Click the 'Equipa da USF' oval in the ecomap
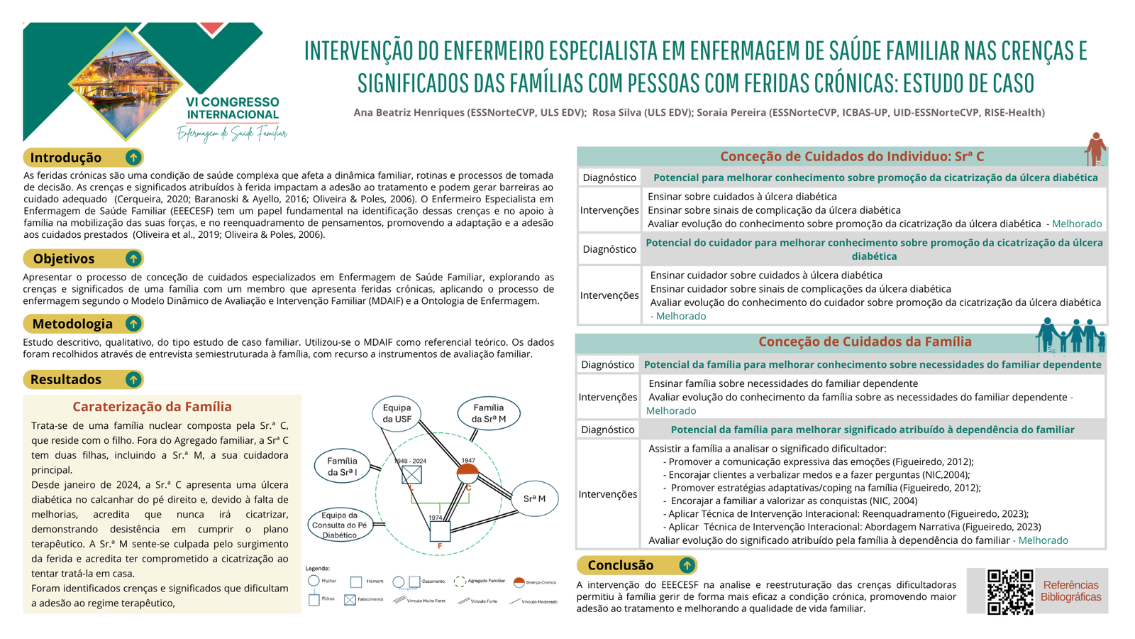pyautogui.click(x=397, y=413)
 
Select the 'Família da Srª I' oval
pyautogui.click(x=342, y=466)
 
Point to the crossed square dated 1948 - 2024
pyautogui.click(x=411, y=474)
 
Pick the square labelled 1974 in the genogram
pyautogui.click(x=439, y=530)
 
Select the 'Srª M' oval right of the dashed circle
pyautogui.click(x=534, y=498)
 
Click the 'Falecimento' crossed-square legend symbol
pyautogui.click(x=350, y=600)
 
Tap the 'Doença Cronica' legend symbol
pyautogui.click(x=519, y=582)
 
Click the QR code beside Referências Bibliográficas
pyautogui.click(x=1010, y=591)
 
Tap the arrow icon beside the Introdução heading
pyautogui.click(x=133, y=158)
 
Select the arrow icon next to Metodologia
pyautogui.click(x=133, y=324)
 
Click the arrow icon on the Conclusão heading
pyautogui.click(x=686, y=565)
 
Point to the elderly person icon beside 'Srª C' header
pyautogui.click(x=1096, y=148)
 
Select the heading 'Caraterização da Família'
pyautogui.click(x=152, y=407)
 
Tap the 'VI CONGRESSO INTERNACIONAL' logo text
pyautogui.click(x=233, y=109)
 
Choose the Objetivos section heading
pyautogui.click(x=64, y=258)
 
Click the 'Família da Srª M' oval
pyautogui.click(x=489, y=413)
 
